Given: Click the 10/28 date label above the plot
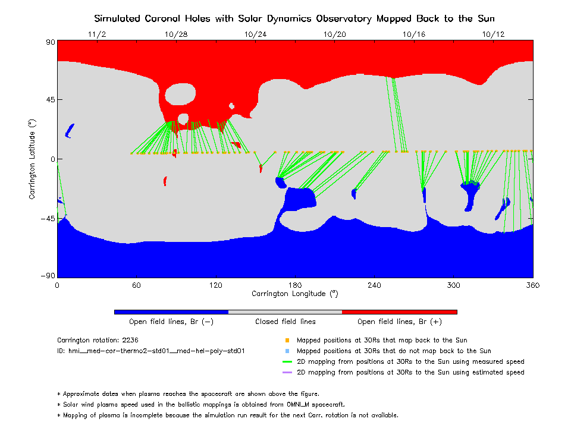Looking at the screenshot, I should tap(176, 34).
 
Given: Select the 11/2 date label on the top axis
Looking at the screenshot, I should tap(97, 34).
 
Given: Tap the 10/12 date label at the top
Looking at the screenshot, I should tap(494, 34).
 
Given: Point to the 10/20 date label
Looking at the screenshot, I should tap(335, 34).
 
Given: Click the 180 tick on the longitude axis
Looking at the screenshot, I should tap(295, 285).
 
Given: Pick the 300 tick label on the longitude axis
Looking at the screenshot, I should tap(454, 285).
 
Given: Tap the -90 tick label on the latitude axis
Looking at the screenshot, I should tap(48, 276).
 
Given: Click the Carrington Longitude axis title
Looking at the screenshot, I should tap(295, 294).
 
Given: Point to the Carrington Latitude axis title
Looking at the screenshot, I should tap(32, 159).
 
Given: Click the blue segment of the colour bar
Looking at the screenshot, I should tap(171, 311).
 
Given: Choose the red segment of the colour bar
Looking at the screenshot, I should tap(400, 311).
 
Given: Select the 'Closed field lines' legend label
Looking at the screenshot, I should tap(285, 322).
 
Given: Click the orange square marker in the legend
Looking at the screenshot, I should tap(287, 340).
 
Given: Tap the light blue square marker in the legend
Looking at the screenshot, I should tap(287, 351).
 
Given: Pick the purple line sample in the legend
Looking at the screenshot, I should tap(287, 372).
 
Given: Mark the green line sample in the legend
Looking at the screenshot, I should tap(287, 361).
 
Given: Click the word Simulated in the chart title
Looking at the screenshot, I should tap(117, 18).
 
